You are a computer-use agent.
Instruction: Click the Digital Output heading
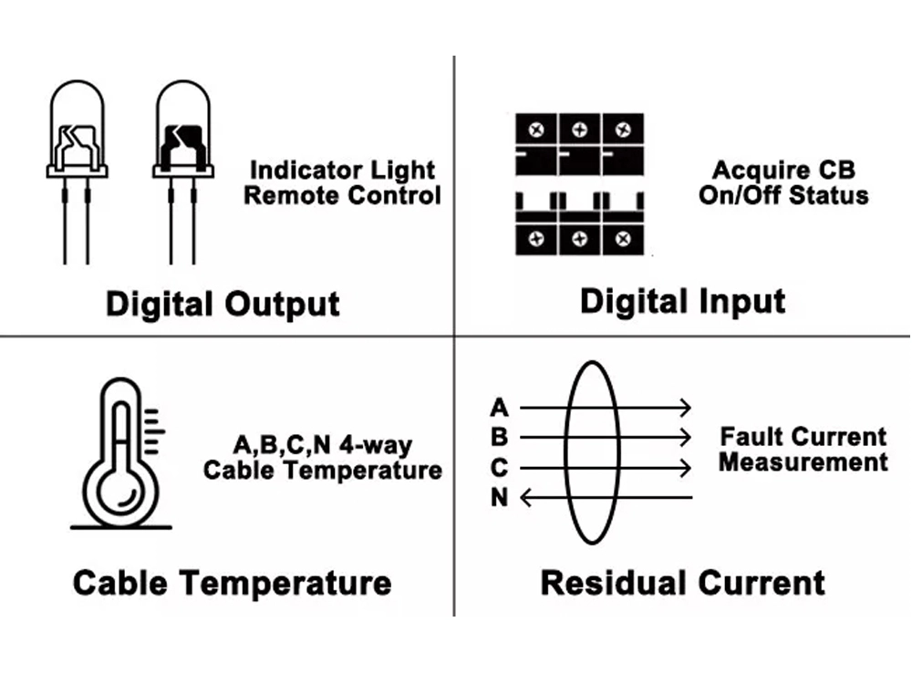(x=223, y=304)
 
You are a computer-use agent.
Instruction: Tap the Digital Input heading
(x=682, y=301)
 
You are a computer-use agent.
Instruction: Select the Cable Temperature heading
(x=233, y=582)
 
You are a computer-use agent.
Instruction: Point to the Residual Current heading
(x=682, y=582)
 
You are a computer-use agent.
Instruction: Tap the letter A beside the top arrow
(x=499, y=407)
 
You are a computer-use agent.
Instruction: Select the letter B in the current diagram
(x=499, y=437)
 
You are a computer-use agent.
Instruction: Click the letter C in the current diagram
(x=499, y=467)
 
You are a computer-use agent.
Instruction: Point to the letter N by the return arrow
(x=499, y=498)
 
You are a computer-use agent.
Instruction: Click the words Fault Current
(x=803, y=437)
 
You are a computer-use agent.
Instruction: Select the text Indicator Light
(x=342, y=171)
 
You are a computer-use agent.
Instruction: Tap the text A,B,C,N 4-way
(x=322, y=446)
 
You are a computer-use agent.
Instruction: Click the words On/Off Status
(x=783, y=195)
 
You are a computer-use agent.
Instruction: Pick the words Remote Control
(x=342, y=195)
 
